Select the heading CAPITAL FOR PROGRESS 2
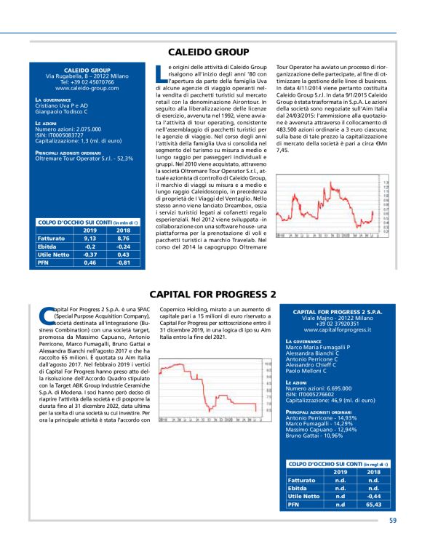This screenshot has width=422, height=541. tap(212, 294)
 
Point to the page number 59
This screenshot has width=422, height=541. tap(393, 520)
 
